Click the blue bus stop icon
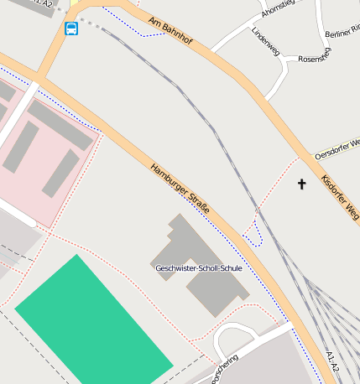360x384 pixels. [72, 29]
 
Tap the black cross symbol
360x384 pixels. [302, 183]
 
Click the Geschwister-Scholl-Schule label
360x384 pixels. [199, 268]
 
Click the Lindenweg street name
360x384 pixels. [266, 40]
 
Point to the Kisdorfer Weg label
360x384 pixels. [340, 200]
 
